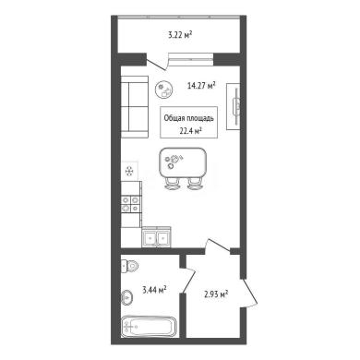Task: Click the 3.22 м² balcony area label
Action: (x=180, y=35)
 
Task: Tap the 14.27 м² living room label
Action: (x=201, y=85)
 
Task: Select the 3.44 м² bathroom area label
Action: (x=155, y=290)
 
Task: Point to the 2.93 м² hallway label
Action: (x=216, y=294)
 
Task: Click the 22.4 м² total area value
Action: (x=190, y=132)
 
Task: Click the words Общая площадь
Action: (x=189, y=118)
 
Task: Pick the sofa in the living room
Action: (x=135, y=107)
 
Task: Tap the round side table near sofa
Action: (x=164, y=90)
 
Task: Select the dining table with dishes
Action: (x=183, y=163)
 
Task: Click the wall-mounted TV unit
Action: (x=234, y=106)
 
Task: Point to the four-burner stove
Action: (x=131, y=204)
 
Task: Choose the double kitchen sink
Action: (x=156, y=237)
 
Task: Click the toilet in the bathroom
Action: (x=129, y=266)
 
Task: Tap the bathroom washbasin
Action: (x=126, y=297)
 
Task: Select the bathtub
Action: (x=149, y=327)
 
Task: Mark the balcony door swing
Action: (x=157, y=62)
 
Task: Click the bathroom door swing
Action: (x=187, y=280)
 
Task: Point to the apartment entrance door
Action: (x=249, y=293)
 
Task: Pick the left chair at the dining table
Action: (x=173, y=184)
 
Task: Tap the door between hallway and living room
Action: (x=218, y=246)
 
